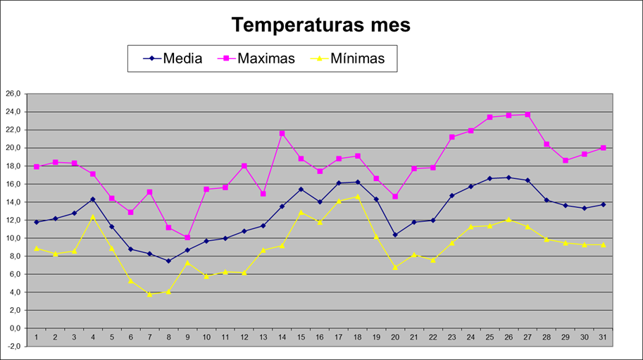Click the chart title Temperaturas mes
pyautogui.click(x=321, y=25)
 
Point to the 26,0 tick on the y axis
pyautogui.click(x=13, y=94)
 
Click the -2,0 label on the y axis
pyautogui.click(x=13, y=346)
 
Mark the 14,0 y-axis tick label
pyautogui.click(x=13, y=202)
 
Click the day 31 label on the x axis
pyautogui.click(x=604, y=338)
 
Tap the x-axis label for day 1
pyautogui.click(x=36, y=338)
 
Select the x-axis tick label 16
pyautogui.click(x=320, y=338)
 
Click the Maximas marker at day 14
pyautogui.click(x=282, y=133)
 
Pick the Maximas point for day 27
pyautogui.click(x=527, y=114)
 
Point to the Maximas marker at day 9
pyautogui.click(x=187, y=237)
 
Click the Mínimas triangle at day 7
pyautogui.click(x=149, y=294)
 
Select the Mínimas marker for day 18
pyautogui.click(x=358, y=197)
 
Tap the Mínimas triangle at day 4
pyautogui.click(x=93, y=216)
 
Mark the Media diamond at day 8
pyautogui.click(x=168, y=261)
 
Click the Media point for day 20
pyautogui.click(x=395, y=235)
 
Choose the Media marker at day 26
pyautogui.click(x=508, y=178)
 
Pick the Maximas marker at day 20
pyautogui.click(x=395, y=197)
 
